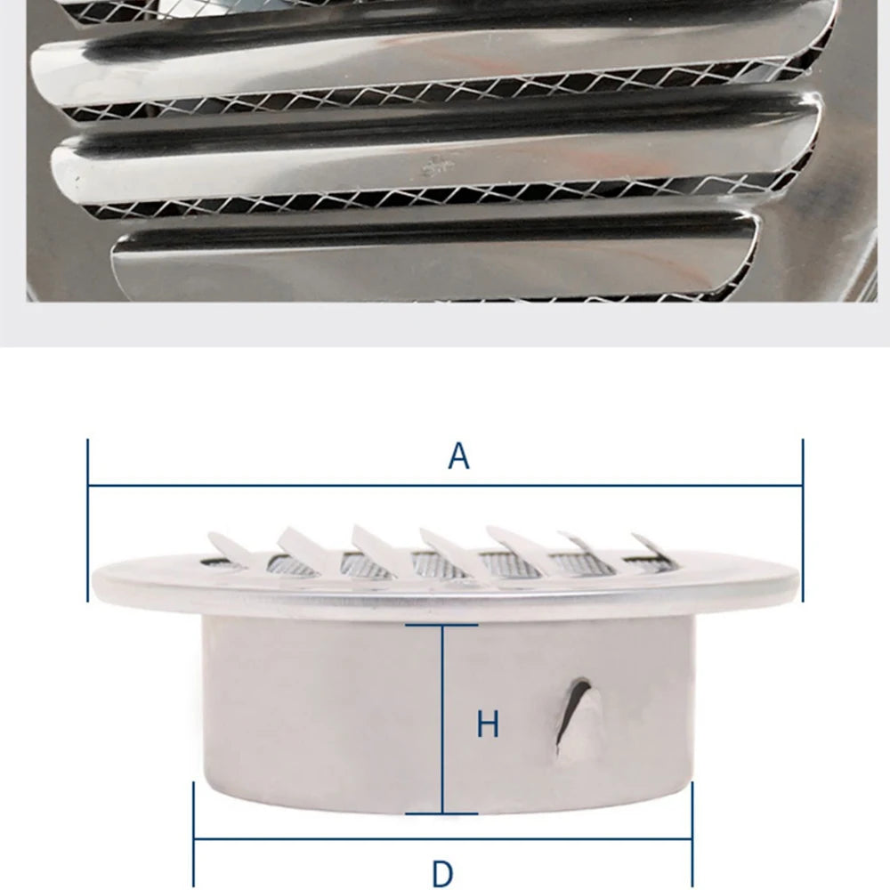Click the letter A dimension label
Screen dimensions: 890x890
[458, 456]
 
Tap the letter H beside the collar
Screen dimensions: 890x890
[488, 724]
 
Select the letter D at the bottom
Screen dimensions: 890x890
[441, 873]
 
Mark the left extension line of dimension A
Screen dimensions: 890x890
[88, 516]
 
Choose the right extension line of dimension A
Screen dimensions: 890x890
[802, 516]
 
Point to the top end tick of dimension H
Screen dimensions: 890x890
[442, 626]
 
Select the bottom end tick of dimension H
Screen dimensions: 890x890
[442, 813]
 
